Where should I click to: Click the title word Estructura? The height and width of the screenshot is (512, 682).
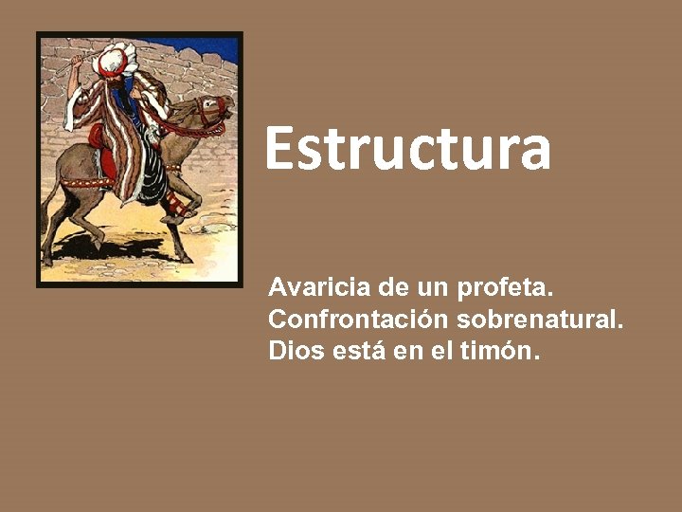coord(407,149)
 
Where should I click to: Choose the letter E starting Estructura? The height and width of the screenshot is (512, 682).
coord(277,149)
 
